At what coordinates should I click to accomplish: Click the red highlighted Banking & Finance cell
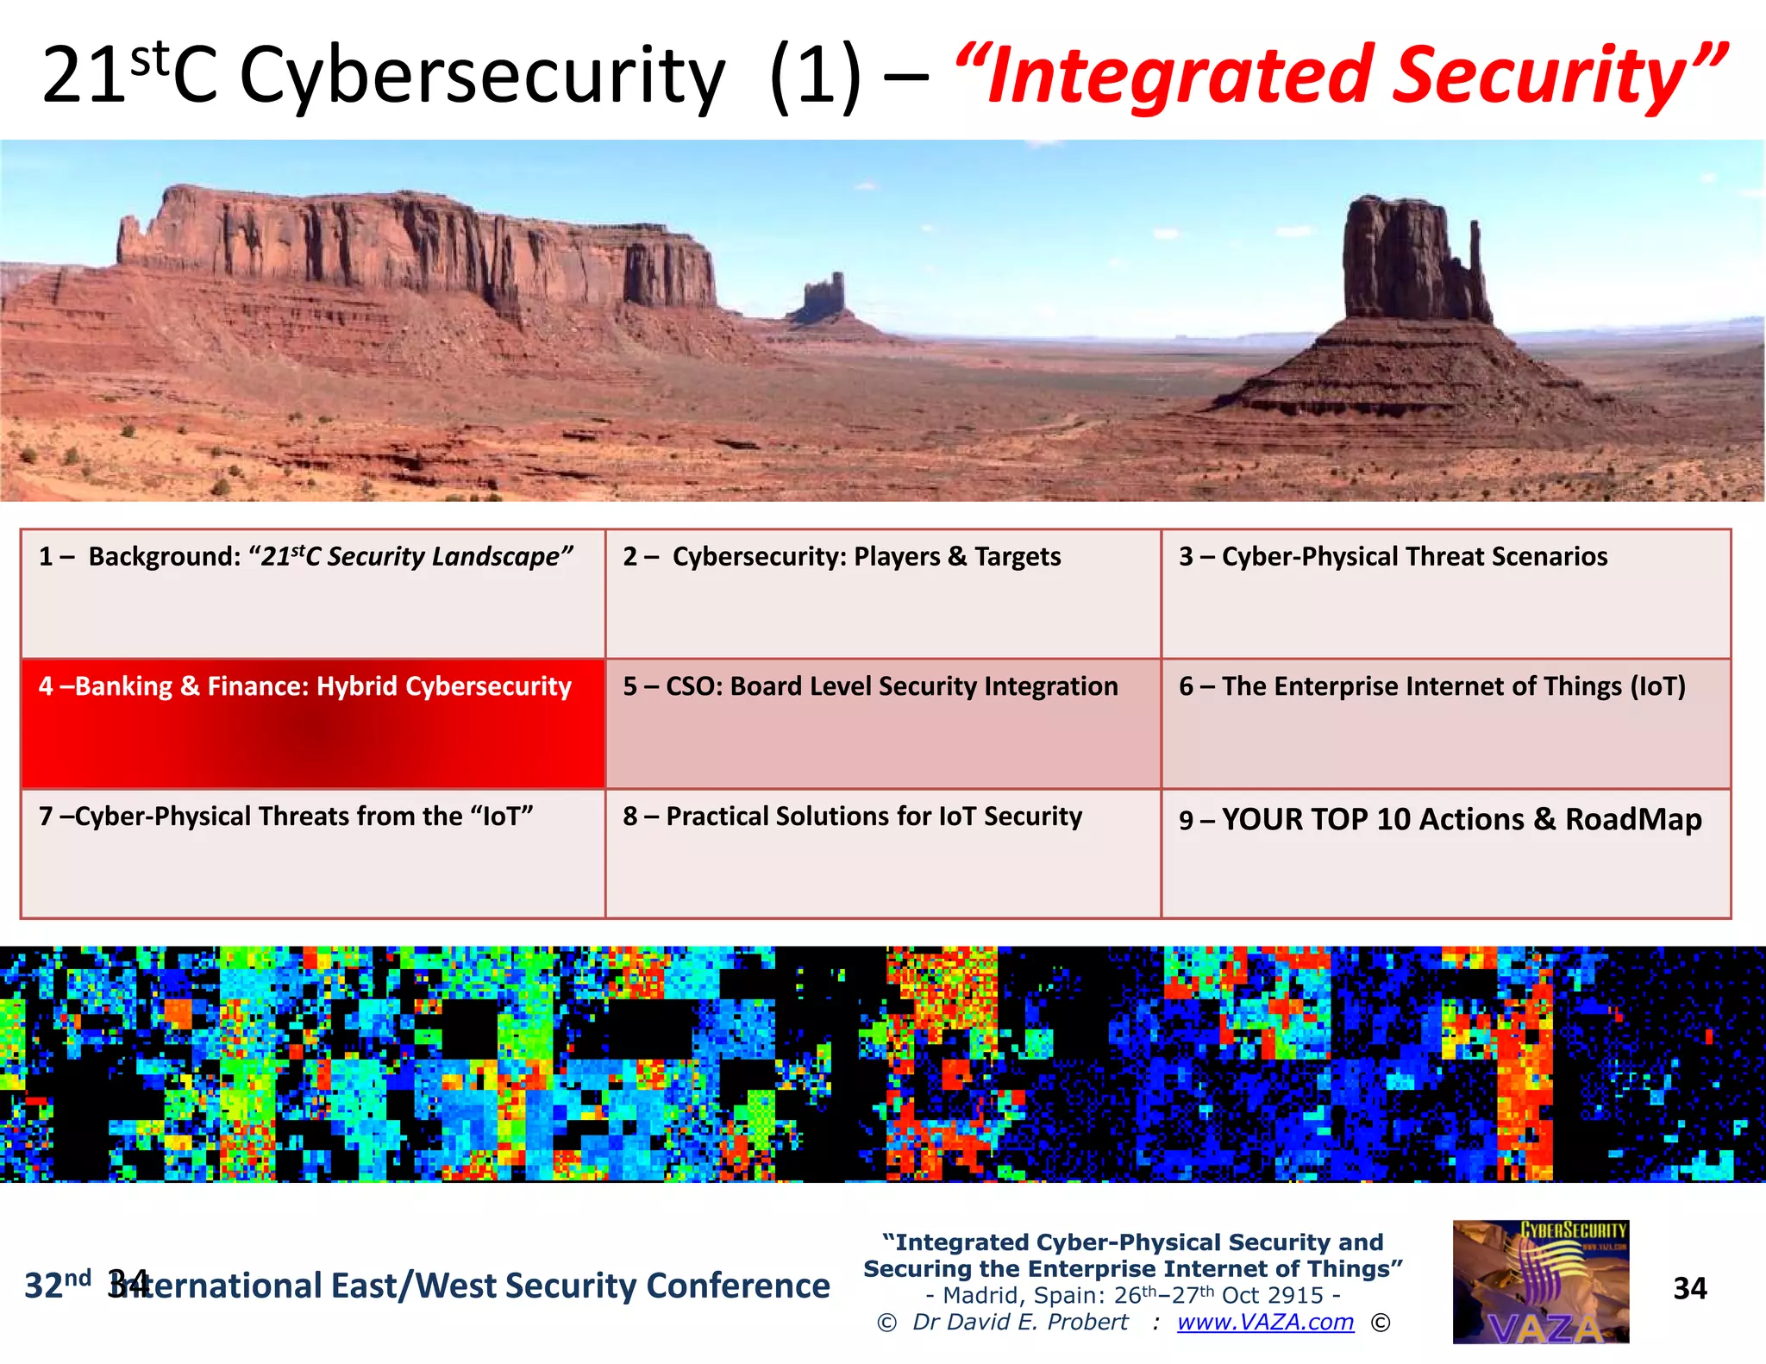[x=312, y=723]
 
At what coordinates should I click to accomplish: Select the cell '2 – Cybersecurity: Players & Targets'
[x=882, y=593]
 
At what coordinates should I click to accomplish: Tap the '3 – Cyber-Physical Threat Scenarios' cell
[x=1445, y=593]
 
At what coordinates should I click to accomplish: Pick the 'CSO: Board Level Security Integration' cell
[x=882, y=723]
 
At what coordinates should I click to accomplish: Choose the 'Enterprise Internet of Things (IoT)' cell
[x=1445, y=723]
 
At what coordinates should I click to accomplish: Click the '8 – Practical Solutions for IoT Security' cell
[x=882, y=853]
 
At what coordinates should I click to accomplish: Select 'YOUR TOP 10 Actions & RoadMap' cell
[x=1445, y=853]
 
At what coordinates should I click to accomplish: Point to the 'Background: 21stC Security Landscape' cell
[x=312, y=593]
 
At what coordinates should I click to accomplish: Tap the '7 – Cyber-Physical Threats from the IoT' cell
[x=312, y=853]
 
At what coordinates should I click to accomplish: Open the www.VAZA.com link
[x=1265, y=1322]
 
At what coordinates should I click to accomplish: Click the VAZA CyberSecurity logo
[x=1540, y=1281]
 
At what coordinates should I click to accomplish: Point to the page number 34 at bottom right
[x=1689, y=1288]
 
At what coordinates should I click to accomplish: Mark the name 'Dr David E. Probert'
[x=1020, y=1322]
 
